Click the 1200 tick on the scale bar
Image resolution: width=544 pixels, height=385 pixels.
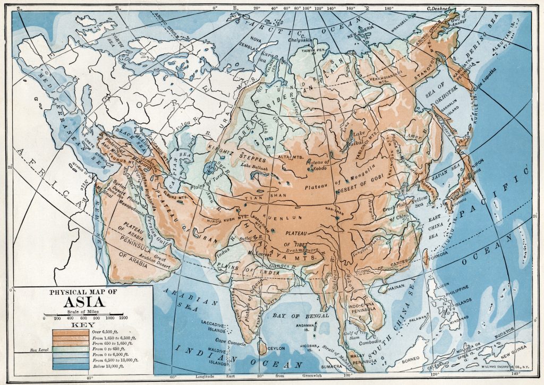pyautogui.click(x=123, y=318)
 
